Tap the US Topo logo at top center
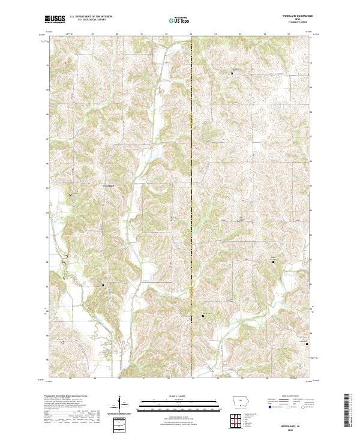179,20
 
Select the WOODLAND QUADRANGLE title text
298,17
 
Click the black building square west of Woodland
71,194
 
